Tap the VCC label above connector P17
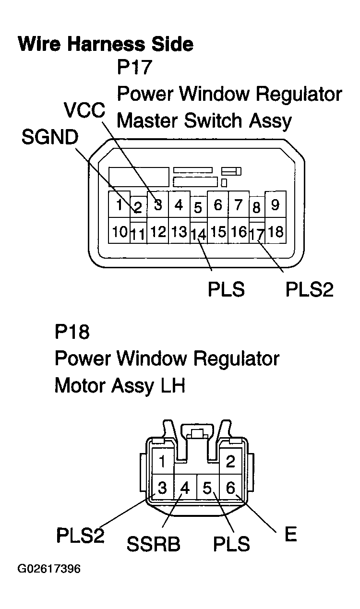[x=85, y=111]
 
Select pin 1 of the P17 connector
[x=118, y=205]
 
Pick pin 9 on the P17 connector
[x=275, y=205]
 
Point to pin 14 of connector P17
[x=198, y=234]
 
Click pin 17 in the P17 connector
[x=257, y=234]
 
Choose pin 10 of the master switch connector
[x=120, y=232]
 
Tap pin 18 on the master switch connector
[x=275, y=232]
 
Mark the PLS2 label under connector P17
[x=309, y=290]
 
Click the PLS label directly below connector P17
[x=226, y=290]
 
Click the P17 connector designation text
[x=134, y=67]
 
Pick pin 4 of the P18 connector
[x=185, y=489]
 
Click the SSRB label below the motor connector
[x=154, y=544]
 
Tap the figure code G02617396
[x=49, y=569]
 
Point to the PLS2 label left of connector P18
[x=80, y=535]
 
